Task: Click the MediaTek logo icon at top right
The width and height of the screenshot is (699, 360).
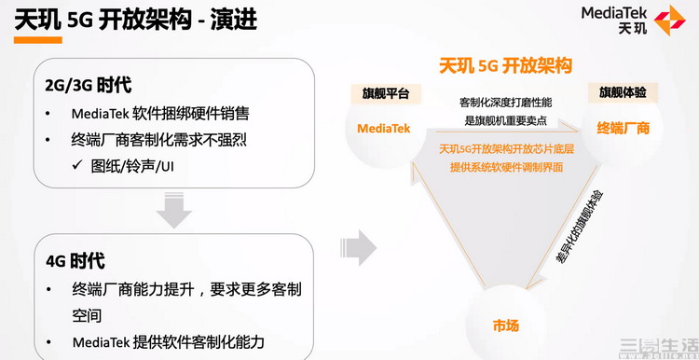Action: [x=670, y=20]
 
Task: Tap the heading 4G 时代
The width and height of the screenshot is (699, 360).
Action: [x=75, y=261]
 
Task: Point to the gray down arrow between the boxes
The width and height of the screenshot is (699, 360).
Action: [x=173, y=210]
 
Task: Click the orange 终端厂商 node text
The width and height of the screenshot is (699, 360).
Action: [x=623, y=128]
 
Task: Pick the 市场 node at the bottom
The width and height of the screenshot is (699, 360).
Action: [x=506, y=325]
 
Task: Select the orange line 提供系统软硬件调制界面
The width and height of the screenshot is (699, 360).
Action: [x=508, y=167]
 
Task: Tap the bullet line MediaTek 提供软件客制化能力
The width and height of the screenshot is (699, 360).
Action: [x=168, y=341]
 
